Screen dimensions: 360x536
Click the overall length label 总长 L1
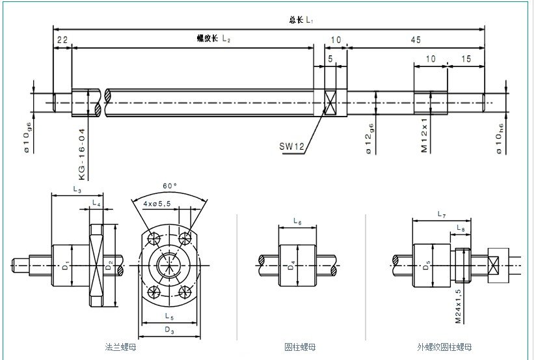point(301,21)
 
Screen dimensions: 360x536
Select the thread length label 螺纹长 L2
point(214,38)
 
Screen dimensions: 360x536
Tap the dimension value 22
point(62,40)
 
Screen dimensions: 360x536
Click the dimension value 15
point(466,59)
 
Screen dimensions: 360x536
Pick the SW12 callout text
point(291,146)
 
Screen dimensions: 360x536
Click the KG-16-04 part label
point(82,154)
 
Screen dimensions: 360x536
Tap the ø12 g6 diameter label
point(369,139)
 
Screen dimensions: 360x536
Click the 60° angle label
point(170,186)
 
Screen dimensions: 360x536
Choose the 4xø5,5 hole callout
point(157,204)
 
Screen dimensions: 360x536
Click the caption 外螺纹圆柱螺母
point(444,347)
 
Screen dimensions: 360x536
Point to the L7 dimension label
point(441,214)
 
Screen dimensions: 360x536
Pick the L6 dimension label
point(297,222)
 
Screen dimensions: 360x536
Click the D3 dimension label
point(168,330)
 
